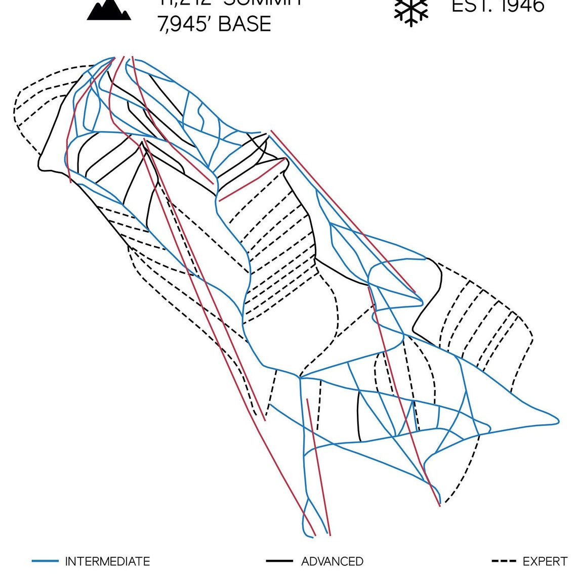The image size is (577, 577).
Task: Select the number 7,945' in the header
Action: [185, 24]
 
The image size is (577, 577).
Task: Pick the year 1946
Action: [521, 6]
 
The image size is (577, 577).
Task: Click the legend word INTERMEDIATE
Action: [107, 561]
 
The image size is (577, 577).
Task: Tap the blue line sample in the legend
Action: [45, 561]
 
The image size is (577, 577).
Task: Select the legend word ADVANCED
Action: [332, 561]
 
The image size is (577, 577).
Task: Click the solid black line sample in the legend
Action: [279, 561]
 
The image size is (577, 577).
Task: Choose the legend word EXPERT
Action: [545, 561]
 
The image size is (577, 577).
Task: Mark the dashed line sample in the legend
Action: [504, 561]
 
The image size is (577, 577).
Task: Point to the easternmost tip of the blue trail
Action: [559, 420]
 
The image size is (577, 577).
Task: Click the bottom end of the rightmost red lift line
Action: [440, 505]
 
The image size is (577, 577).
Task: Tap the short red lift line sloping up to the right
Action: [252, 180]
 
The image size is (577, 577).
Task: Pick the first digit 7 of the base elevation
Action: [162, 24]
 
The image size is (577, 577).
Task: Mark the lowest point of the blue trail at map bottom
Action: [307, 535]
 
